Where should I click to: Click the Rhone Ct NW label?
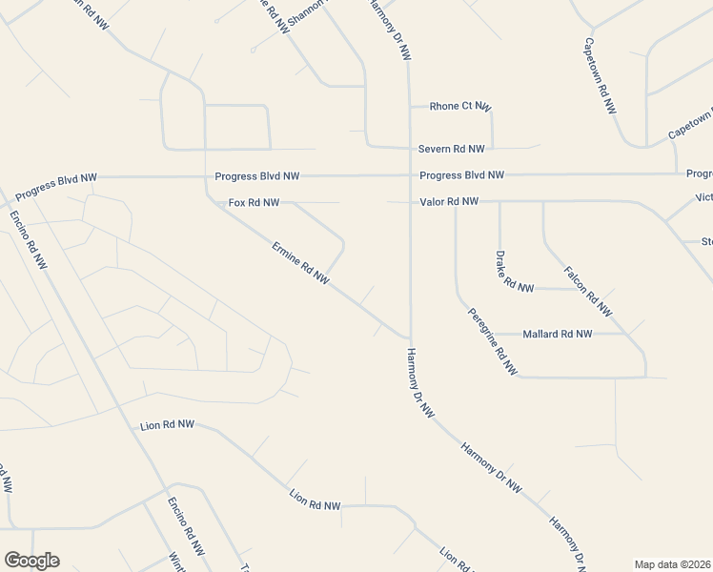tap(459, 106)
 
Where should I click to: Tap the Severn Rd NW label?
tap(451, 150)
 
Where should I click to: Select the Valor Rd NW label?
tap(449, 202)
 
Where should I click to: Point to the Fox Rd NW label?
tap(254, 203)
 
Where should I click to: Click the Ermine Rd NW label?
tap(300, 264)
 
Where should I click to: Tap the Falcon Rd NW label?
tap(587, 291)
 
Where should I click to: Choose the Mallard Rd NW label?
tap(557, 335)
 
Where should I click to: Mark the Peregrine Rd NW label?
tap(492, 341)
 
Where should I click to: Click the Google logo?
tap(31, 561)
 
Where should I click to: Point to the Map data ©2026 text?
tap(673, 564)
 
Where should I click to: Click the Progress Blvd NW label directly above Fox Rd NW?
tap(257, 176)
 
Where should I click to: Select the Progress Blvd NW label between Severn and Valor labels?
tap(461, 175)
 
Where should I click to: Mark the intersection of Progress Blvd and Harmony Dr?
tap(409, 175)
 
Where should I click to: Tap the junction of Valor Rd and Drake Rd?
tap(499, 202)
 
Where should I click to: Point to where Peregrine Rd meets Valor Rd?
tap(456, 202)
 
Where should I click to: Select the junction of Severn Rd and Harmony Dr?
tap(409, 149)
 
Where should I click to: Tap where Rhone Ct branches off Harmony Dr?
tap(409, 106)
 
